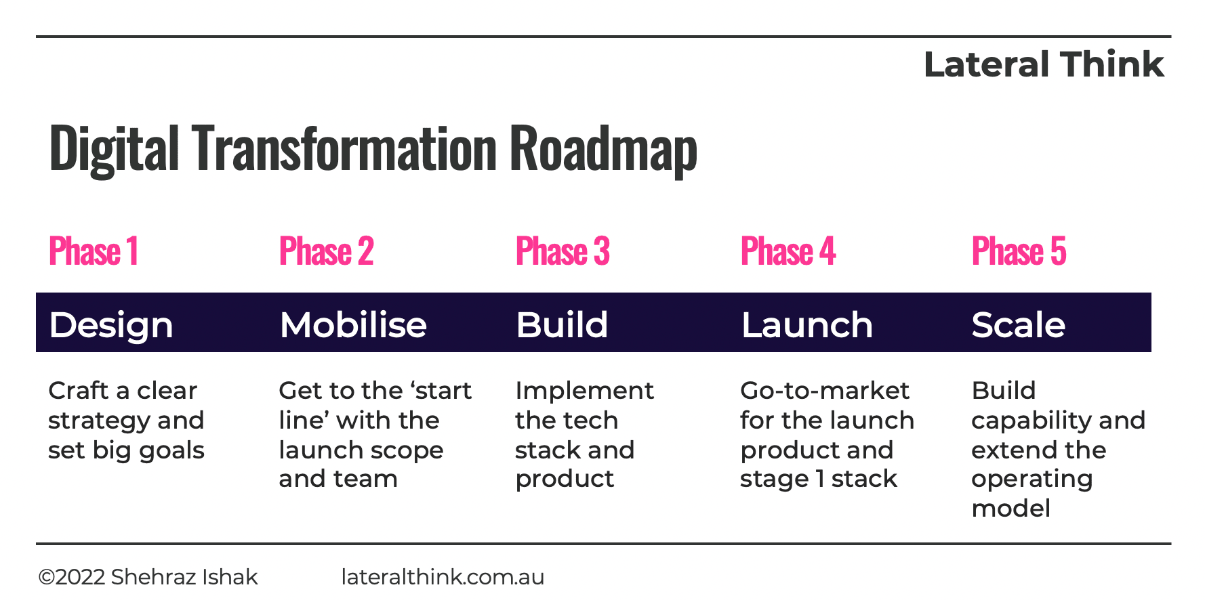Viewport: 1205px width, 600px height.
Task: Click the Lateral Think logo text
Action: click(x=1044, y=64)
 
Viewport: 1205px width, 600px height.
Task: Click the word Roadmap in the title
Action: click(x=603, y=150)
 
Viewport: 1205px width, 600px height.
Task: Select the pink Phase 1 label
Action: click(x=94, y=251)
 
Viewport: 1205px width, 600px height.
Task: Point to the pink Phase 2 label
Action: click(x=327, y=251)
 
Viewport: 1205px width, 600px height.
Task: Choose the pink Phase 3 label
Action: click(x=563, y=251)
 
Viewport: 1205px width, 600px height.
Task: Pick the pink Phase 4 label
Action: click(x=788, y=251)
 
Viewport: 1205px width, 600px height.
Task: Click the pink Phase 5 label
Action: click(x=1019, y=251)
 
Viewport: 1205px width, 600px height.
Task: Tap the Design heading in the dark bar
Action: click(x=111, y=326)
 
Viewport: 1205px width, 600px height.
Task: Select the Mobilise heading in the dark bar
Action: click(x=353, y=324)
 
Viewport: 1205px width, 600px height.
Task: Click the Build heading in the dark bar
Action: click(x=562, y=324)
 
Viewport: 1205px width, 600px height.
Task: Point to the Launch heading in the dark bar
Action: click(x=807, y=324)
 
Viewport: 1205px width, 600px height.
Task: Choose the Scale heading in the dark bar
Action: click(x=1019, y=324)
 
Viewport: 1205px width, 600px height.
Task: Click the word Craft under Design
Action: click(x=79, y=390)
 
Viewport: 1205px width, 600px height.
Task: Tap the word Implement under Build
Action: click(x=585, y=391)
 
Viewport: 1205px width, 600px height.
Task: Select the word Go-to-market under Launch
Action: click(x=825, y=390)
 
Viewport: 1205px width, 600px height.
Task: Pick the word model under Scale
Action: click(x=1011, y=508)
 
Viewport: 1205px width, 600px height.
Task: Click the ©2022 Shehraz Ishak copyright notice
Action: click(x=148, y=577)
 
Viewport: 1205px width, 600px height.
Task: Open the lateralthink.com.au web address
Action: click(x=443, y=577)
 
